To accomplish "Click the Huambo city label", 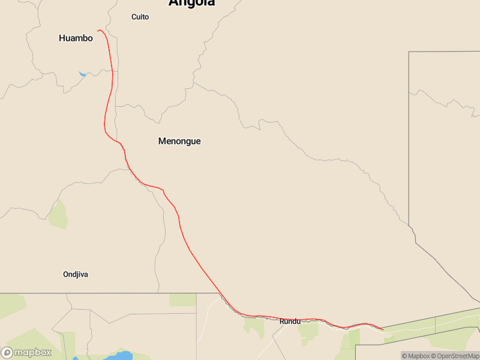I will point(76,38).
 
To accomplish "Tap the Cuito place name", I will point(140,17).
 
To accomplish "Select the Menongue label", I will point(179,142).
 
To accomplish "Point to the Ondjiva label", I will point(76,274).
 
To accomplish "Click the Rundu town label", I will point(290,322).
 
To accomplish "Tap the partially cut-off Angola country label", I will point(191,3).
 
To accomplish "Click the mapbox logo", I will point(26,353).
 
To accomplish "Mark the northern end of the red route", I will point(98,31).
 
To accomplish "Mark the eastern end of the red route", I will point(383,329).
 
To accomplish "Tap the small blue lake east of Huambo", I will point(82,74).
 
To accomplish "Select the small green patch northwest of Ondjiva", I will point(58,215).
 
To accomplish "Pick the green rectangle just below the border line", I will point(182,300).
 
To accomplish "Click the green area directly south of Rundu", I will point(308,331).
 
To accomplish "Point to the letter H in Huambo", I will point(62,38).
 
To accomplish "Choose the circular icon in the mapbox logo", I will point(7,353).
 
